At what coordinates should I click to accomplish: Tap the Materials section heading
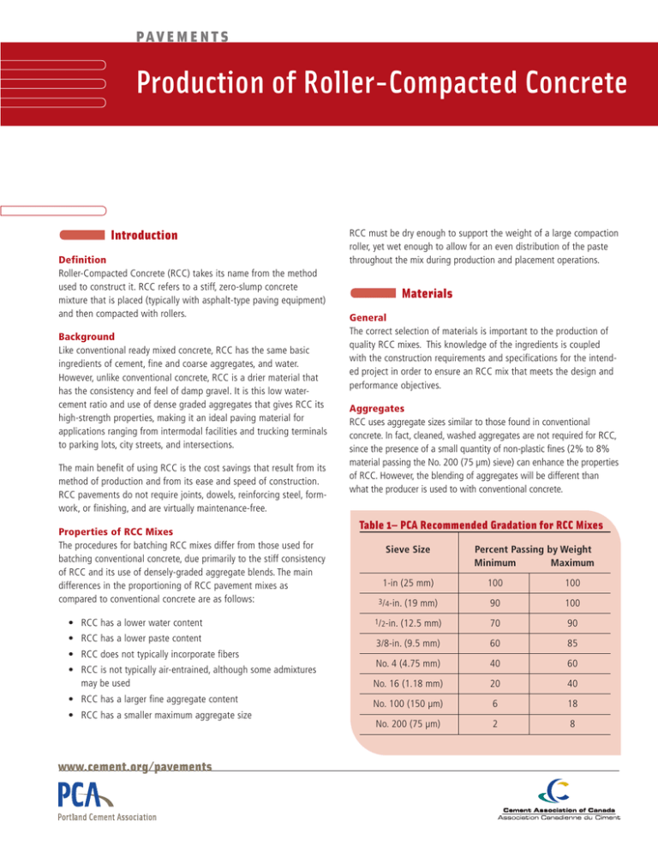[x=428, y=294]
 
